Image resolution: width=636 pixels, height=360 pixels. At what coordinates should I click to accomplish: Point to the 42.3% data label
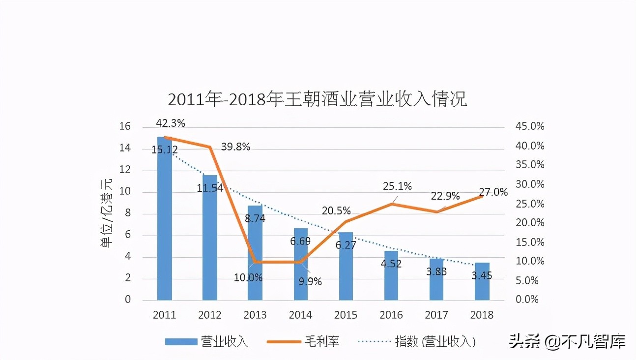point(171,123)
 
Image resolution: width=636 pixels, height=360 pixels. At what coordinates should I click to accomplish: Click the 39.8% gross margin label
point(235,147)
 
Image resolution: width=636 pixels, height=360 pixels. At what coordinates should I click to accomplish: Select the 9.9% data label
point(310,281)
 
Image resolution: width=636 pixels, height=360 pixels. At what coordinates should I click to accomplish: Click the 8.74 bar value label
point(255,219)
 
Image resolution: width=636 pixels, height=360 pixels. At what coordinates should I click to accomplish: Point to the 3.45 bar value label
point(482,276)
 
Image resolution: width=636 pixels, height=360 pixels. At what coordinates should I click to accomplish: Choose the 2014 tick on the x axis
point(300,315)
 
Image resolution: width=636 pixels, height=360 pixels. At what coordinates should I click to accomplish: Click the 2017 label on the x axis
point(436,315)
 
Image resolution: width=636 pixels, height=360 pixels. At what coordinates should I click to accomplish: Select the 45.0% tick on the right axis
point(529,126)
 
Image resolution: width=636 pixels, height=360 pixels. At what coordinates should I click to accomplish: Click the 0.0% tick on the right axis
point(527,300)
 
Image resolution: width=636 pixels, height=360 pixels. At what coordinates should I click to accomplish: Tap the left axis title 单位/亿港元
point(107,214)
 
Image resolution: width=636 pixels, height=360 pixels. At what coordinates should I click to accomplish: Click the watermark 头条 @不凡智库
point(567,341)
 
